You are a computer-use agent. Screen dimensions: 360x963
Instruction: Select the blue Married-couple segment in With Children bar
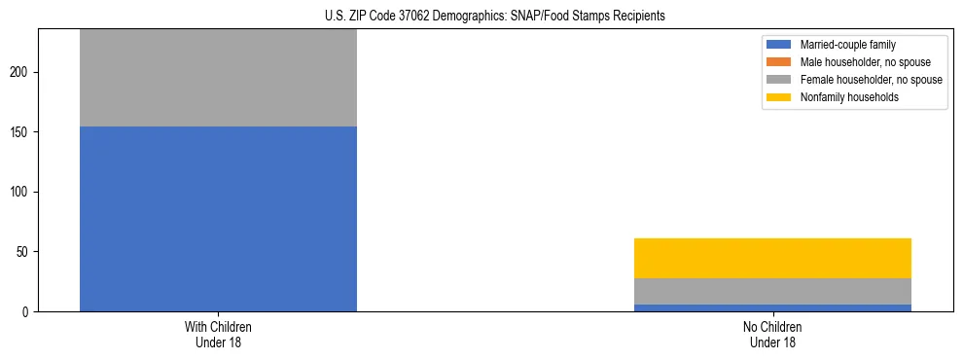pos(218,219)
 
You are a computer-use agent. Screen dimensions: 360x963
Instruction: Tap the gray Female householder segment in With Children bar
pos(218,78)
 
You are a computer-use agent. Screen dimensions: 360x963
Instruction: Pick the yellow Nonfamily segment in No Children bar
pos(772,258)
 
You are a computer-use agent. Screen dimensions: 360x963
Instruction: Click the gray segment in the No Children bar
pos(772,291)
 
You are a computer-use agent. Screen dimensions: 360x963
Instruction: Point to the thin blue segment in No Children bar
pos(772,307)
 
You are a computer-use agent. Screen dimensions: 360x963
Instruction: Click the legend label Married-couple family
pos(847,45)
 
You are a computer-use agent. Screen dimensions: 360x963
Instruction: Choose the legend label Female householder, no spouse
pos(871,80)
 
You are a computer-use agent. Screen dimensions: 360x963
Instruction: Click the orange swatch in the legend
pos(779,62)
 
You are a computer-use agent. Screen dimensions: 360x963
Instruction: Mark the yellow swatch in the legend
pos(779,97)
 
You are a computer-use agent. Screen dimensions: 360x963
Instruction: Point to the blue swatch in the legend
pos(779,45)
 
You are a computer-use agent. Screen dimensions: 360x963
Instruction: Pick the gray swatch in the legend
pos(779,80)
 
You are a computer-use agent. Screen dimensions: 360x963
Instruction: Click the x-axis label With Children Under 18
pos(218,334)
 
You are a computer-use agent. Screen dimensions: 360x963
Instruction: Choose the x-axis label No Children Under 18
pos(772,334)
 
